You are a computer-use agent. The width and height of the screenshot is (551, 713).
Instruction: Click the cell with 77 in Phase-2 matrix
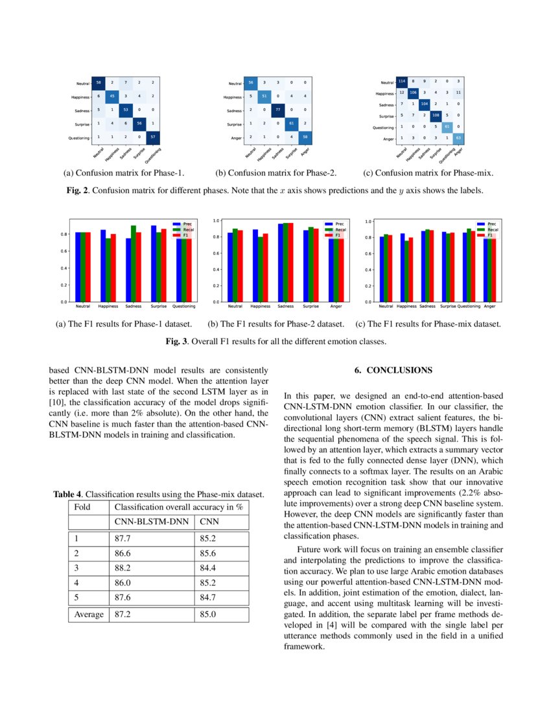tap(278, 110)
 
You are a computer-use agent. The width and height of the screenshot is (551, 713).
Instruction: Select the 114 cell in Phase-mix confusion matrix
tap(403, 82)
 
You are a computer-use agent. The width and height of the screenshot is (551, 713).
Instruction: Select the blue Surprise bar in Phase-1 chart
tap(154, 263)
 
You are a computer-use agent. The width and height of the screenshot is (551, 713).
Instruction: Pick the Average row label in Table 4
tap(89, 614)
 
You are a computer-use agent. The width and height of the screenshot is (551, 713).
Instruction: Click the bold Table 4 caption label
tap(67, 495)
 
